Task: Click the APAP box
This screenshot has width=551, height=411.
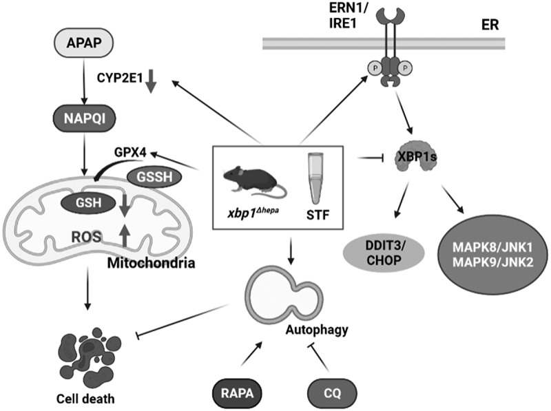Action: [x=83, y=43]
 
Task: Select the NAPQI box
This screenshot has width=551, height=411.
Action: [x=84, y=118]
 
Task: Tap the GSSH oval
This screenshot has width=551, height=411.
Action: [x=154, y=177]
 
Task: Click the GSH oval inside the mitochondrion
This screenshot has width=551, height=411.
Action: [x=88, y=202]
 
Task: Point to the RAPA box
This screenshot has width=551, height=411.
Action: [x=237, y=392]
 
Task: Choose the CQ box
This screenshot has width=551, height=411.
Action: [x=332, y=392]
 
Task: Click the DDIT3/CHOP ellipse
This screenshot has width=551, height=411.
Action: [x=384, y=253]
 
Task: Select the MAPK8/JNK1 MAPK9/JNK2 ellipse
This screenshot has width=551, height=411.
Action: [x=492, y=255]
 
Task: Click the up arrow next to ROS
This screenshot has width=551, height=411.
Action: [x=125, y=235]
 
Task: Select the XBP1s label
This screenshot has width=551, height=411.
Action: [x=417, y=157]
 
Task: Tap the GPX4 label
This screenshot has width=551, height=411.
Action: [x=130, y=153]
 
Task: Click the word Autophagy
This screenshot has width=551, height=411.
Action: [x=317, y=330]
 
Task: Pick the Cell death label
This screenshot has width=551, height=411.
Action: [x=85, y=399]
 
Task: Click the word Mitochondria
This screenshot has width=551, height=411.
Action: [x=151, y=263]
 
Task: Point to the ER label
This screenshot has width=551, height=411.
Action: [x=490, y=25]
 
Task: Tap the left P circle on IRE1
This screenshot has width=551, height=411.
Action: [x=375, y=67]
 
